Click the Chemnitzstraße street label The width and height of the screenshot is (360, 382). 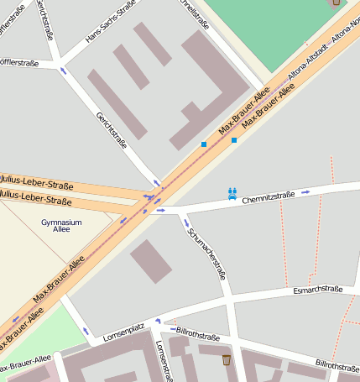click(269, 196)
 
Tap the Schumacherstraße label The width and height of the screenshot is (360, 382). click(206, 254)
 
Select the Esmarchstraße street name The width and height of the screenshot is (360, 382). click(318, 290)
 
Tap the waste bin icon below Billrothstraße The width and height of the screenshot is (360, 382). click(227, 360)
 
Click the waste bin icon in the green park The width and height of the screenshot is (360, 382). click(337, 3)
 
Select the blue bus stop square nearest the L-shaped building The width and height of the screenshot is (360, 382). click(203, 145)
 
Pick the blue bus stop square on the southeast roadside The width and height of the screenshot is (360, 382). click(234, 140)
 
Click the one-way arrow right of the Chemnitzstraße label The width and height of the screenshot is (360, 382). click(305, 192)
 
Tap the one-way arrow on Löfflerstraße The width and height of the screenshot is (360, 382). click(63, 71)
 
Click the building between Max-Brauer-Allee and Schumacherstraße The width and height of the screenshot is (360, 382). click(150, 260)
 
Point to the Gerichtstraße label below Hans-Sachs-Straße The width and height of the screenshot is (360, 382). click(112, 130)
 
